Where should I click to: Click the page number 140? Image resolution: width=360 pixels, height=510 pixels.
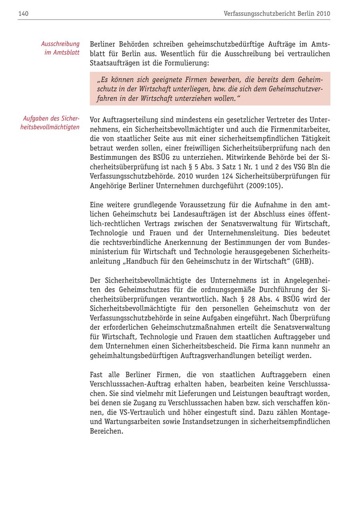coord(23,14)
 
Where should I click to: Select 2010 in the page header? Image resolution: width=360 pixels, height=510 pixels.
coord(323,14)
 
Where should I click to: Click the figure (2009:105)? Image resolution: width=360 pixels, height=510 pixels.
coord(264,186)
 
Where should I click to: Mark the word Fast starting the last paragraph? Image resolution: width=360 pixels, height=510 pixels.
coord(96,375)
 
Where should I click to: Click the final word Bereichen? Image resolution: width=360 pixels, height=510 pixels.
coord(106,431)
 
